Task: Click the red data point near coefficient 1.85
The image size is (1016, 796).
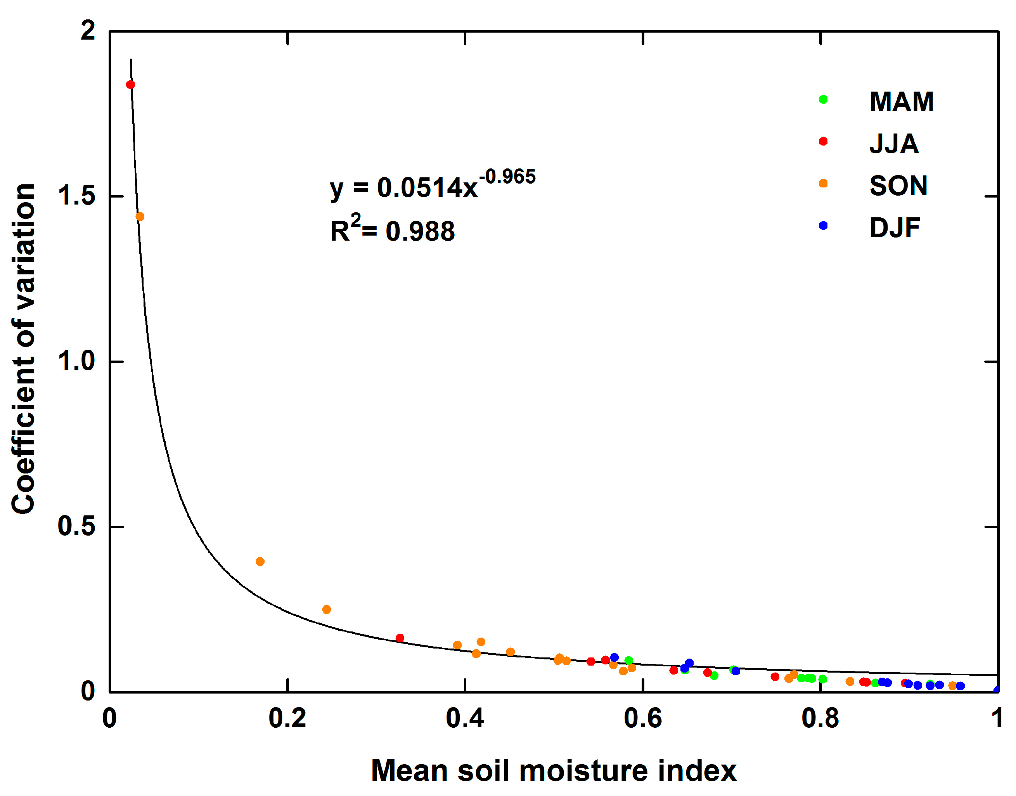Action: click(130, 84)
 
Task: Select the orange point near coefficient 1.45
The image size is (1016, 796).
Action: click(140, 216)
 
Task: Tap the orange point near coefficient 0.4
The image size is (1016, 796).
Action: click(260, 562)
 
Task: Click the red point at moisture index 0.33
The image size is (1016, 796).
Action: click(399, 638)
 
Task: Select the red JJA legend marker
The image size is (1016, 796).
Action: click(823, 141)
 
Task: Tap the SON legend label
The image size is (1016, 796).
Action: click(898, 186)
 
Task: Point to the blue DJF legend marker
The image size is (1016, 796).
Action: click(823, 225)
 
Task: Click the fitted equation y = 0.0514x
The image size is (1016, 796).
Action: click(403, 188)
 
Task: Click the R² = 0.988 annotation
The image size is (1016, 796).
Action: click(392, 230)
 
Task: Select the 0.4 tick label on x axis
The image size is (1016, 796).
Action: click(464, 718)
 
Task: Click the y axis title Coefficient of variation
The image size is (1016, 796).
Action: click(23, 349)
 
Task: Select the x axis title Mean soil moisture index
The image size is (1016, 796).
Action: click(554, 770)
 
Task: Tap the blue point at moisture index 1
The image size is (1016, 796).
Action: click(996, 690)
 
